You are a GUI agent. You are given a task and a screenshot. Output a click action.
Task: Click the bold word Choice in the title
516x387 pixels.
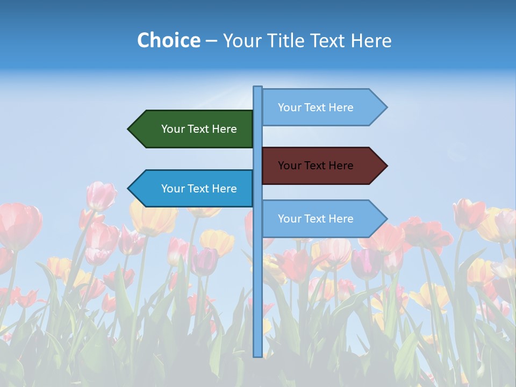[168, 40]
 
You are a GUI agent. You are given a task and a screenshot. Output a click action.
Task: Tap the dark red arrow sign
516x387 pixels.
[322, 166]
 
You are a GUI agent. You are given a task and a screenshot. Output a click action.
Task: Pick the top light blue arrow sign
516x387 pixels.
[322, 107]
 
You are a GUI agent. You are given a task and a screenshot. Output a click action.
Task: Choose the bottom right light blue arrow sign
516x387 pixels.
[322, 219]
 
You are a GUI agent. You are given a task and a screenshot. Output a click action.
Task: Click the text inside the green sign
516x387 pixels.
[199, 129]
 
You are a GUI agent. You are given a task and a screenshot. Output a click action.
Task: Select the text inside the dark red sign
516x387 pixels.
[316, 166]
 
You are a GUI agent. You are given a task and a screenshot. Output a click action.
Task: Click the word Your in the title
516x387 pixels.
[242, 40]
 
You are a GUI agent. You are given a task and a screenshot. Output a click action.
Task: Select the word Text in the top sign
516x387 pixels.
[316, 107]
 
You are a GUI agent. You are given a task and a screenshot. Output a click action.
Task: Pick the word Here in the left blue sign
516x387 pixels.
[224, 189]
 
